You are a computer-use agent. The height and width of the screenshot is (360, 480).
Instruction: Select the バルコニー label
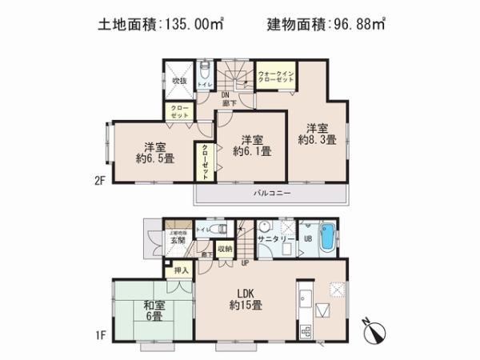coord(272,194)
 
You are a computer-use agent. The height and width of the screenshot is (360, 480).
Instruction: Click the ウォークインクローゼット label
coord(277,78)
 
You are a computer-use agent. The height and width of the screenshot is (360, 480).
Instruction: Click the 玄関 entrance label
coord(177,239)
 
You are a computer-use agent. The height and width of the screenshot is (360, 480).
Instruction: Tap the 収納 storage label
coord(224,249)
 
